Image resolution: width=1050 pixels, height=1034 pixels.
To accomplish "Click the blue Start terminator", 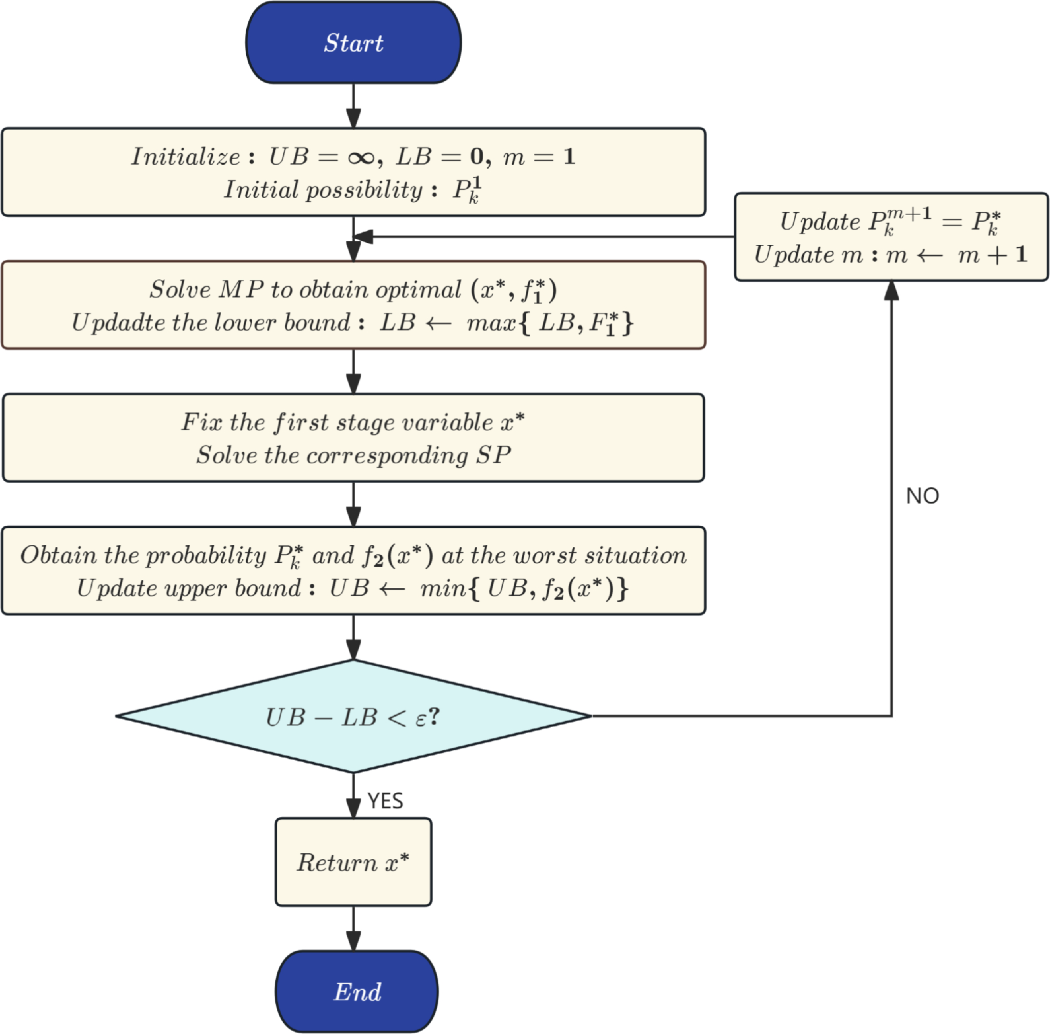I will pos(353,43).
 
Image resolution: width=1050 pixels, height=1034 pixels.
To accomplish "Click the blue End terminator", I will pos(356,991).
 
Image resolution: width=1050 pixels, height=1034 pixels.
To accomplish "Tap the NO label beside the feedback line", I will pos(922,496).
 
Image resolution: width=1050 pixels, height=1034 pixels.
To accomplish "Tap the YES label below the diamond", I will pos(385,800).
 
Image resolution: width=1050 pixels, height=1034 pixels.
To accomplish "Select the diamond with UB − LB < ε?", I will pos(353,716).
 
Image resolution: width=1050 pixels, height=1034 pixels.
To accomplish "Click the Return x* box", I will pos(353,862).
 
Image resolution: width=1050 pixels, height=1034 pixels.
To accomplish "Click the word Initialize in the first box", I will pos(185,156).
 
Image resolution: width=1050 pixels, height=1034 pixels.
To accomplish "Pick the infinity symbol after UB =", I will pos(361,157).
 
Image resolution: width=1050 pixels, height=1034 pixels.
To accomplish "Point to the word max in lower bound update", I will pos(491,323).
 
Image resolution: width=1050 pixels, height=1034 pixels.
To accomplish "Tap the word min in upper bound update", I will pos(443,588).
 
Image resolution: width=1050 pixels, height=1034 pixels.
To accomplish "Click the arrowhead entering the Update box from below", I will pos(892,290).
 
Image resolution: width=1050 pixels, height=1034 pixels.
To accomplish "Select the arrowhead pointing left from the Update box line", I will pos(363,236).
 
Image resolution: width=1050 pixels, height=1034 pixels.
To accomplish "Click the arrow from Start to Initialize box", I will pos(354,106).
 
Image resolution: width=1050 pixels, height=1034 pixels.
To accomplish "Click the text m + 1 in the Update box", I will pos(993,255).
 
